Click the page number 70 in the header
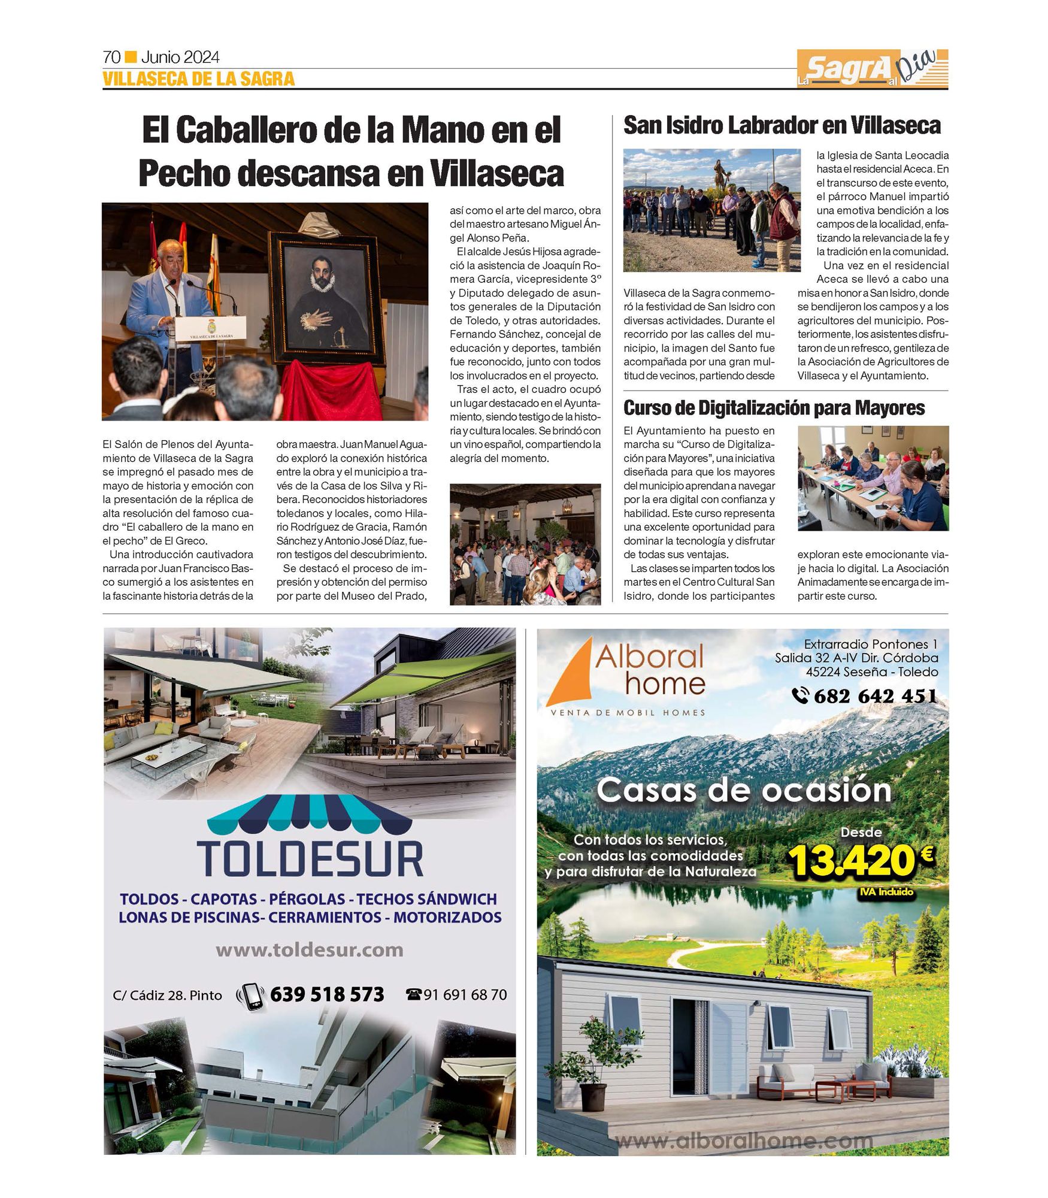(x=112, y=58)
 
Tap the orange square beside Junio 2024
(x=131, y=57)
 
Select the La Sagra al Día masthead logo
(x=872, y=68)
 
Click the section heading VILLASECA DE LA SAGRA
(x=198, y=79)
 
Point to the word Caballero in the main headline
(x=248, y=130)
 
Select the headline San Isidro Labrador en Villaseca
(x=782, y=125)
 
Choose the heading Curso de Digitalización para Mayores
(x=774, y=408)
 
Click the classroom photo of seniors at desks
(x=873, y=478)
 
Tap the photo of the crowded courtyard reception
(x=525, y=544)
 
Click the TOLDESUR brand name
(x=310, y=858)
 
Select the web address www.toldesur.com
(x=309, y=950)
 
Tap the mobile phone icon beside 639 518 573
(x=252, y=995)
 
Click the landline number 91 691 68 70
(x=465, y=995)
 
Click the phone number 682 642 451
(x=875, y=695)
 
